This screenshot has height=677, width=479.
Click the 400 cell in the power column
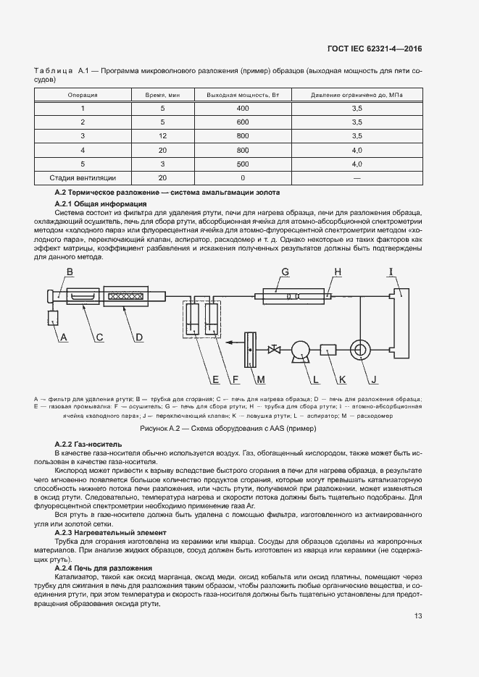click(x=242, y=108)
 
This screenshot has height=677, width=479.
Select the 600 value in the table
click(x=242, y=122)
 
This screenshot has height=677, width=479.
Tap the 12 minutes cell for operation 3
click(x=162, y=135)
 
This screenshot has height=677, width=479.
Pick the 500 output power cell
click(x=242, y=164)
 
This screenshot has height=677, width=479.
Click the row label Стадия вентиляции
click(x=83, y=177)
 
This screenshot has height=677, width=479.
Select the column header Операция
click(x=83, y=95)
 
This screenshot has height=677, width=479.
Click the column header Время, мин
click(x=162, y=95)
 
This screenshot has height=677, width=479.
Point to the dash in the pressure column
click(x=357, y=177)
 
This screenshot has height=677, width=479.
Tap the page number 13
click(x=418, y=616)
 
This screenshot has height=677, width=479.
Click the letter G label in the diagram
click(x=286, y=272)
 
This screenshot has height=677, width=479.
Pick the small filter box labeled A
click(x=52, y=318)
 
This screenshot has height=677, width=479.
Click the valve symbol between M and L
click(x=274, y=350)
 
